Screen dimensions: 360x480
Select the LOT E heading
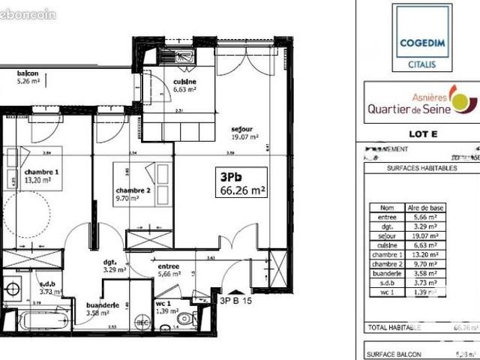pos(421,134)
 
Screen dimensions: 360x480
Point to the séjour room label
pos(244,133)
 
